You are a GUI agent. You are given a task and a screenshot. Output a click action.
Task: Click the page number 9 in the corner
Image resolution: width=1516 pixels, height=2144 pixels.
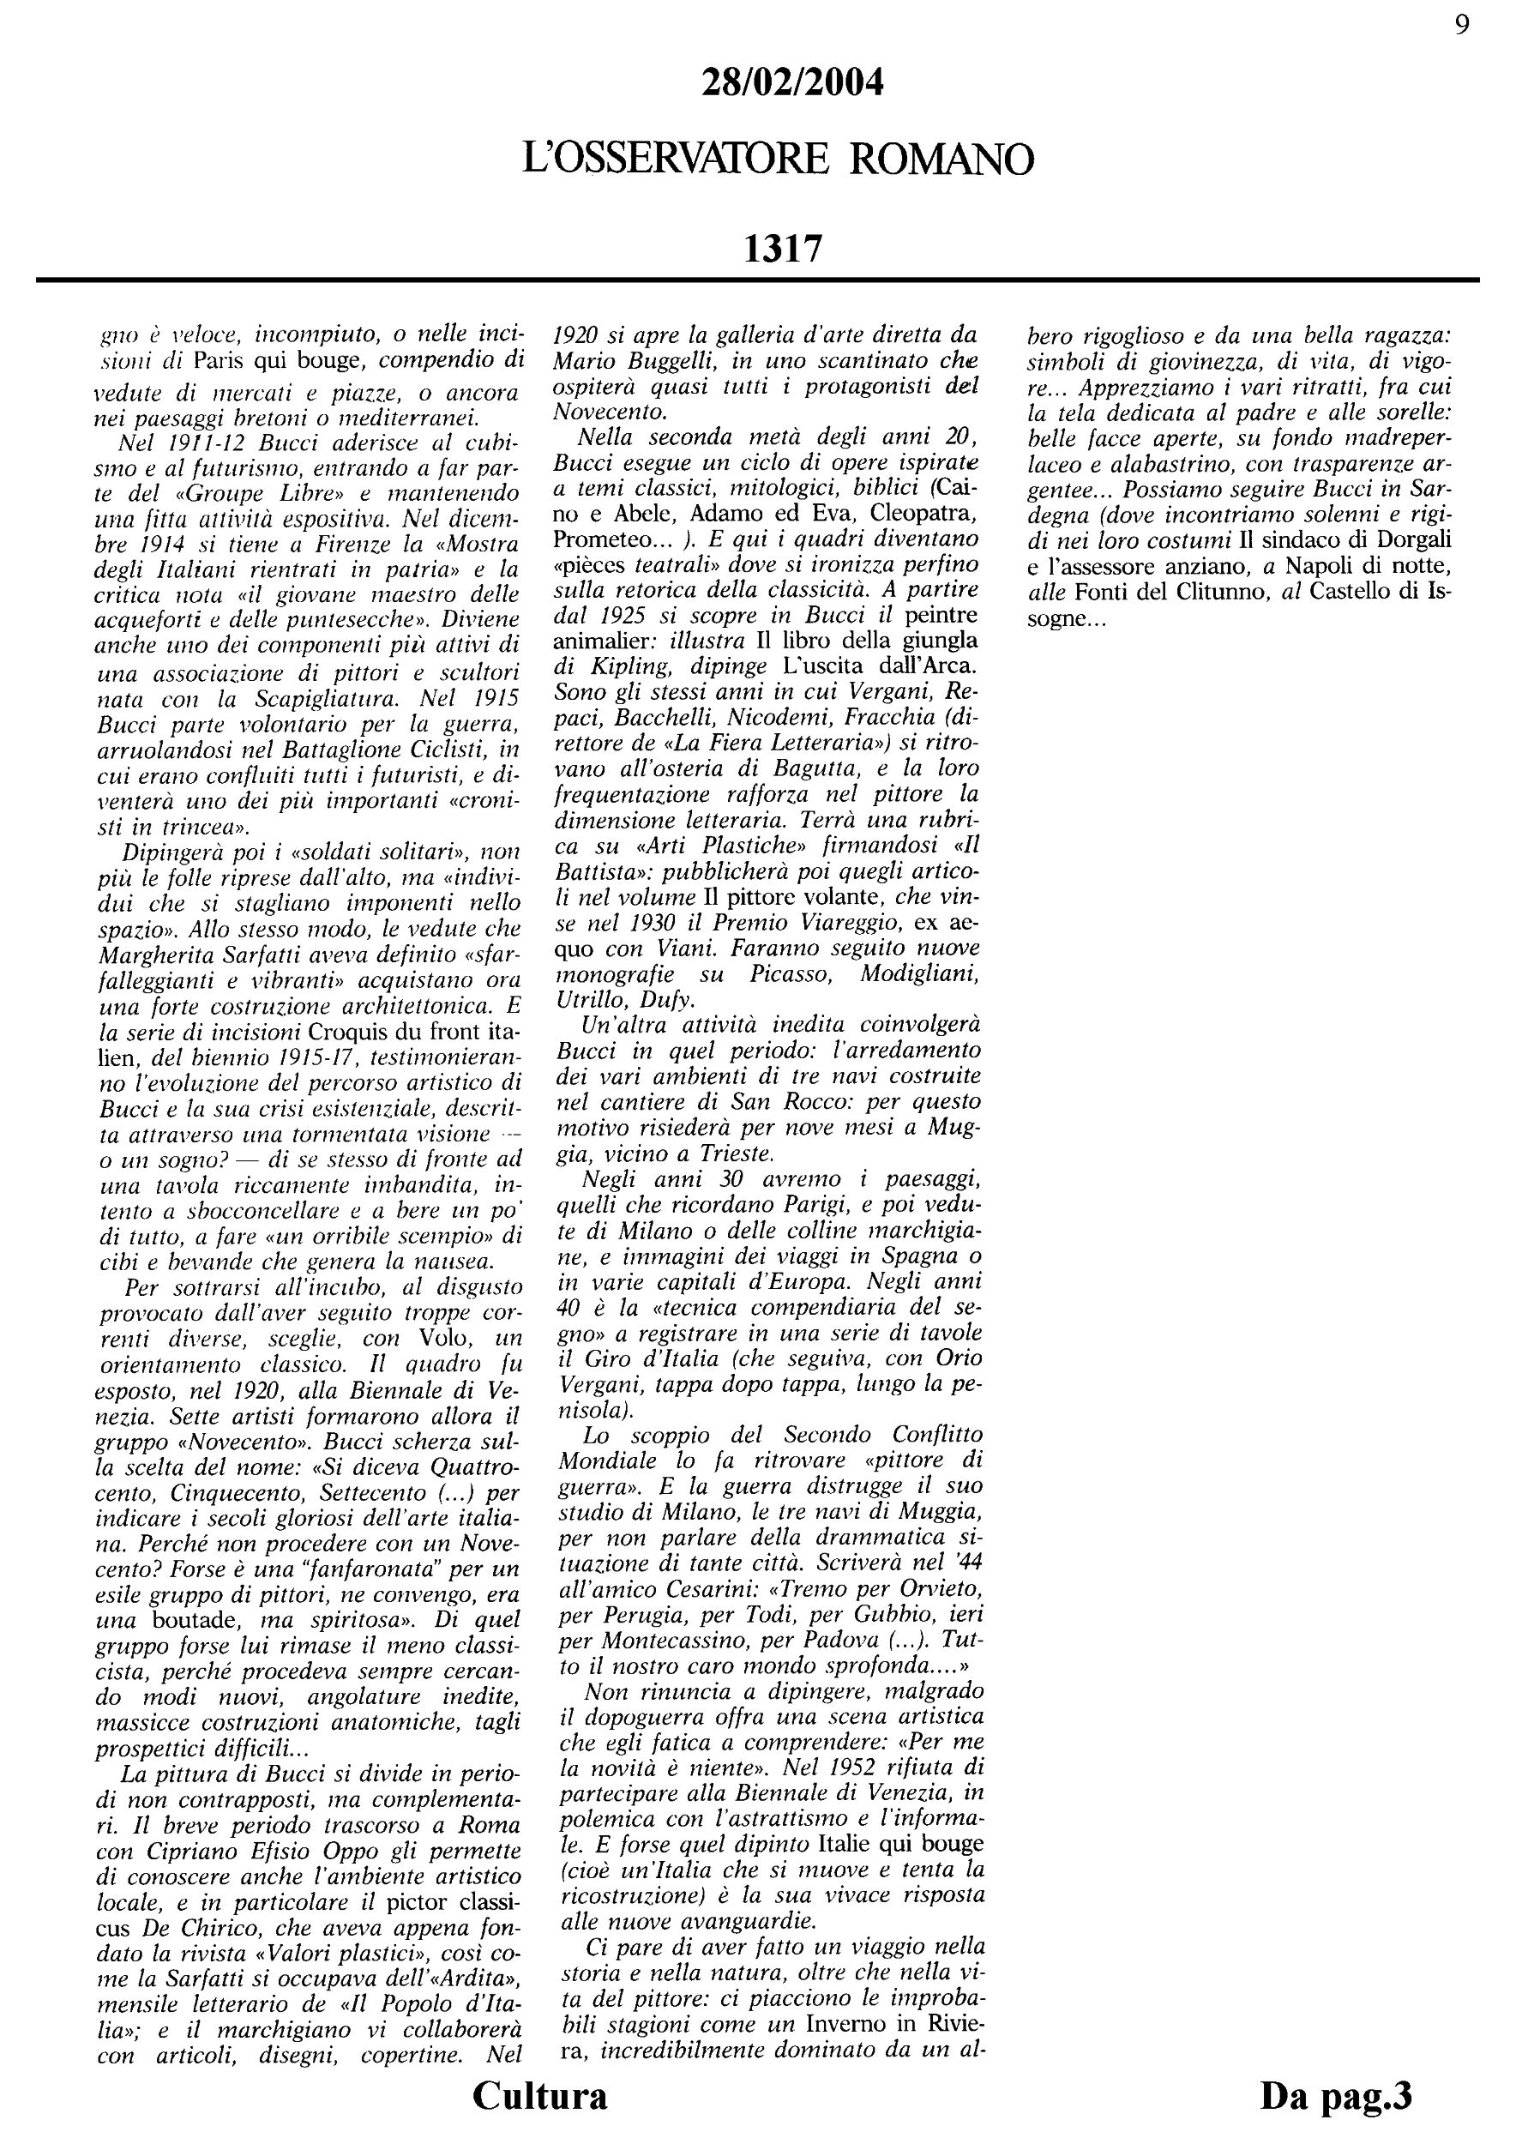pos(1462,25)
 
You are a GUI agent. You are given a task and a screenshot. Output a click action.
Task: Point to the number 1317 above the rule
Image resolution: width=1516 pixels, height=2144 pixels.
pos(782,250)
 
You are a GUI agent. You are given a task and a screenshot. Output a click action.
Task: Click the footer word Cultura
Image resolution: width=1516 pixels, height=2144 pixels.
pos(539,2094)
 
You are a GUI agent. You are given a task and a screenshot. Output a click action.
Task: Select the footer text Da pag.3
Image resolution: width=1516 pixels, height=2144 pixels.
pos(1336,2094)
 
